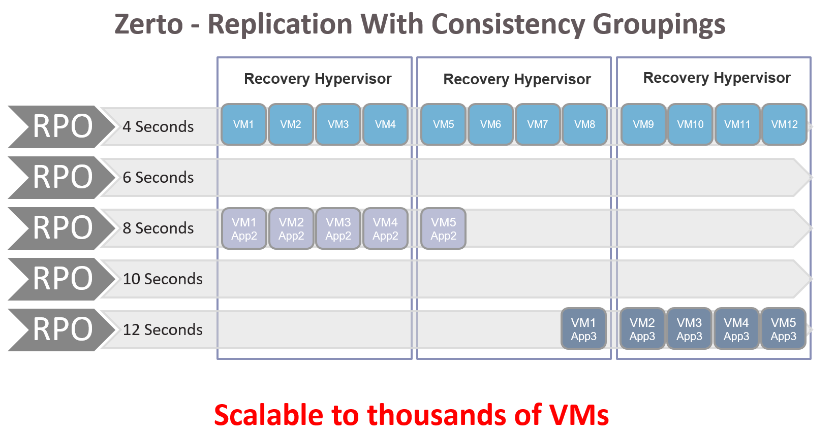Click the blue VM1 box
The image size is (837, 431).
click(x=243, y=124)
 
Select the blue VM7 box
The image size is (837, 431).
click(x=538, y=124)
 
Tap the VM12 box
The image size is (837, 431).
click(x=784, y=124)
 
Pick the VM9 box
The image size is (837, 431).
click(x=643, y=124)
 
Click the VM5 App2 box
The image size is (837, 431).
click(x=444, y=228)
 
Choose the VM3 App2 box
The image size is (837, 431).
click(x=338, y=228)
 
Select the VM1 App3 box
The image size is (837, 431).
click(x=583, y=329)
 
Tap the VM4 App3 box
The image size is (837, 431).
click(x=736, y=329)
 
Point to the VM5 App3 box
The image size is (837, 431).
click(x=784, y=329)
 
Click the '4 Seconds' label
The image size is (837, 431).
click(x=158, y=127)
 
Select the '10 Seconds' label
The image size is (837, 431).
click(x=163, y=279)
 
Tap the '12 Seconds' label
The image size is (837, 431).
click(x=163, y=330)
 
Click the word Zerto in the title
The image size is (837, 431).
click(x=148, y=24)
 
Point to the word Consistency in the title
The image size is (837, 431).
click(x=508, y=25)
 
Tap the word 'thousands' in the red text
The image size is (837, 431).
click(x=437, y=415)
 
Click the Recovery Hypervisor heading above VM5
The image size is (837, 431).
click(x=517, y=80)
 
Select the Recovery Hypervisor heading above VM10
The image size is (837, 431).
click(x=717, y=78)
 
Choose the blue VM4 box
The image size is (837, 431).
click(x=385, y=124)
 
